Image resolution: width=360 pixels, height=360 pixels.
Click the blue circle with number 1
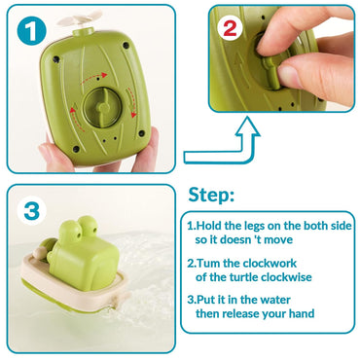point(32,31)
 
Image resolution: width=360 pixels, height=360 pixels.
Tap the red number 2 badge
point(230,28)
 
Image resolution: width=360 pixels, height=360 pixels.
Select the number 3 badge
point(31,210)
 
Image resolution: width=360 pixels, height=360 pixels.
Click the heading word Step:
point(211,196)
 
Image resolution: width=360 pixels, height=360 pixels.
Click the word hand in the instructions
point(300,313)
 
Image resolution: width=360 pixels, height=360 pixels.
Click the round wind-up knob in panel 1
point(102,106)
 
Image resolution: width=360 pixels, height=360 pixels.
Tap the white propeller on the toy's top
point(80,18)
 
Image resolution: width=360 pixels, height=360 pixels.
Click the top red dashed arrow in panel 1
point(93,78)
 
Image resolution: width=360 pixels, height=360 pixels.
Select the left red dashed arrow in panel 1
point(75,119)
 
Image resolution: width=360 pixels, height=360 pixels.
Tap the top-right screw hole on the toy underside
point(126,45)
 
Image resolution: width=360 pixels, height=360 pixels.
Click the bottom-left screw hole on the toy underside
point(76,149)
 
